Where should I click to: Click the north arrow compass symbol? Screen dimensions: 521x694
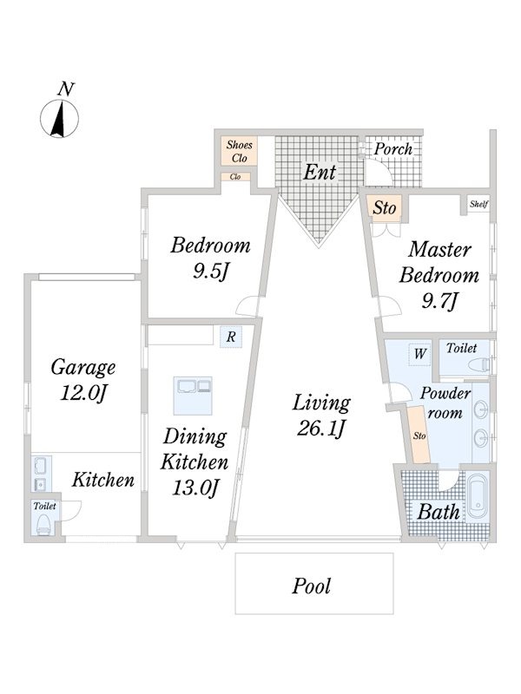(x=59, y=118)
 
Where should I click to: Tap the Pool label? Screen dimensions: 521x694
(x=312, y=586)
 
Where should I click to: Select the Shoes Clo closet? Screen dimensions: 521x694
(x=240, y=151)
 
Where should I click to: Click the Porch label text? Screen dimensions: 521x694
(x=393, y=149)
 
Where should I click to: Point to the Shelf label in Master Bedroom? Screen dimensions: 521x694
(x=478, y=204)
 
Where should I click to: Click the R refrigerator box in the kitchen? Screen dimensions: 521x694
(x=231, y=337)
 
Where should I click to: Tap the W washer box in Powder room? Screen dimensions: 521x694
(x=419, y=354)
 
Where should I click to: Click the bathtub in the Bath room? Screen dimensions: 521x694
(x=478, y=497)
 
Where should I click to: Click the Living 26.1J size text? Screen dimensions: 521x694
(x=321, y=429)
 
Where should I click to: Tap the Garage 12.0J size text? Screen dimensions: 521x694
(x=82, y=393)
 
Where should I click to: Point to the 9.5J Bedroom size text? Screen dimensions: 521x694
(x=210, y=272)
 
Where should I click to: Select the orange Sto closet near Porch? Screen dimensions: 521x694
(x=384, y=206)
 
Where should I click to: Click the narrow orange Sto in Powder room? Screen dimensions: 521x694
(x=419, y=435)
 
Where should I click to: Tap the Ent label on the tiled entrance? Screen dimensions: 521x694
(x=320, y=172)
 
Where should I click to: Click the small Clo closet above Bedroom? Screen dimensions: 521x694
(x=235, y=177)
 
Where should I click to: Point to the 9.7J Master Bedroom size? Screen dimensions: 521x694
(x=439, y=301)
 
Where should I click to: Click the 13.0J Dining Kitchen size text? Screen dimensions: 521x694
(x=195, y=488)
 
